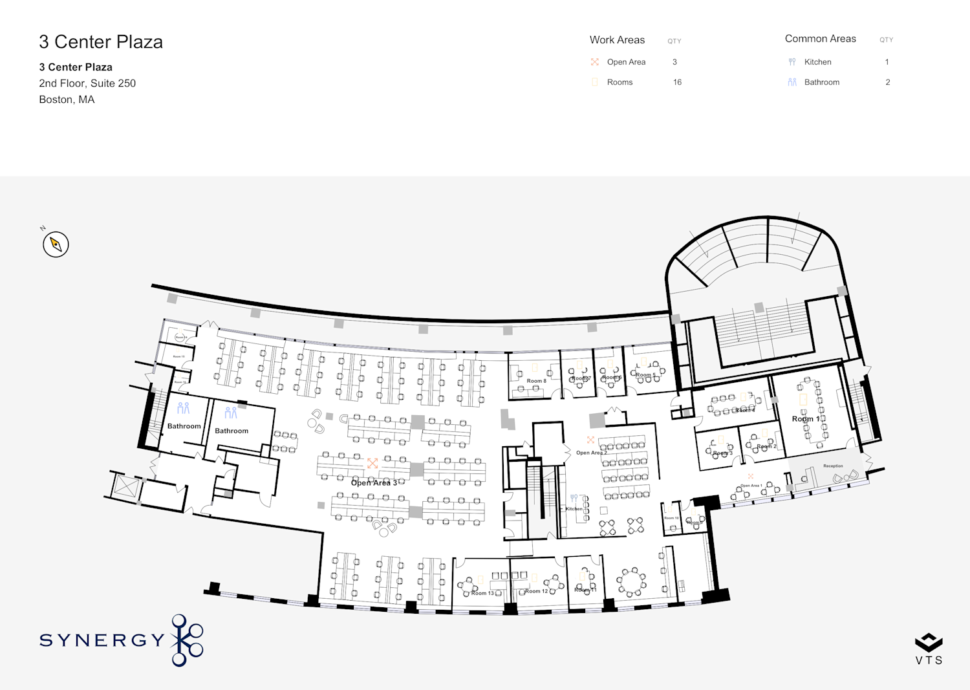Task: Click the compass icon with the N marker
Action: pyautogui.click(x=56, y=244)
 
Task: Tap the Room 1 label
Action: pyautogui.click(x=805, y=419)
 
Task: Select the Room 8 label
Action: pyautogui.click(x=536, y=381)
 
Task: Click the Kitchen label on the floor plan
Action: pyautogui.click(x=574, y=509)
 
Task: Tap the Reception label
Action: pyautogui.click(x=833, y=466)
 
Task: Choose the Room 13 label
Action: pyautogui.click(x=482, y=593)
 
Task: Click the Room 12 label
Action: pyautogui.click(x=536, y=591)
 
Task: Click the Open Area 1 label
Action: pyautogui.click(x=751, y=486)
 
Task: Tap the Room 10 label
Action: pyautogui.click(x=671, y=518)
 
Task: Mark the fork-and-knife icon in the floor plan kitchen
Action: pyautogui.click(x=574, y=499)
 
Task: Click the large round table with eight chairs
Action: pyautogui.click(x=630, y=582)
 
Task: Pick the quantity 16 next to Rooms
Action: pyautogui.click(x=677, y=82)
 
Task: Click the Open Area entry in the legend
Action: pyautogui.click(x=625, y=62)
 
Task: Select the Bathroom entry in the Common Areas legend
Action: pyautogui.click(x=821, y=82)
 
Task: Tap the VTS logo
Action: pyautogui.click(x=929, y=649)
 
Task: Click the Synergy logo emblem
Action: pyautogui.click(x=187, y=640)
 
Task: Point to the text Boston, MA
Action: pyautogui.click(x=67, y=100)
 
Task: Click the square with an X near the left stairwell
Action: pyautogui.click(x=125, y=486)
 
